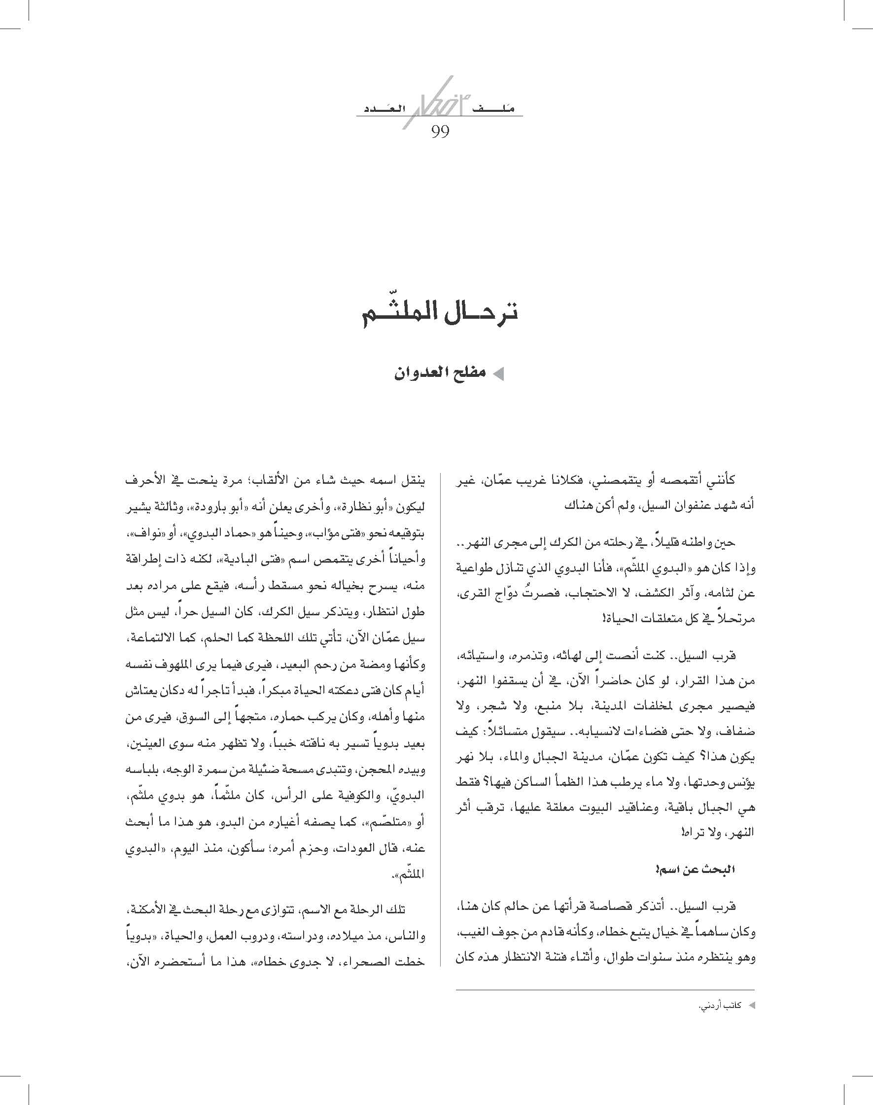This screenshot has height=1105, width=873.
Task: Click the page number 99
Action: click(x=440, y=132)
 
